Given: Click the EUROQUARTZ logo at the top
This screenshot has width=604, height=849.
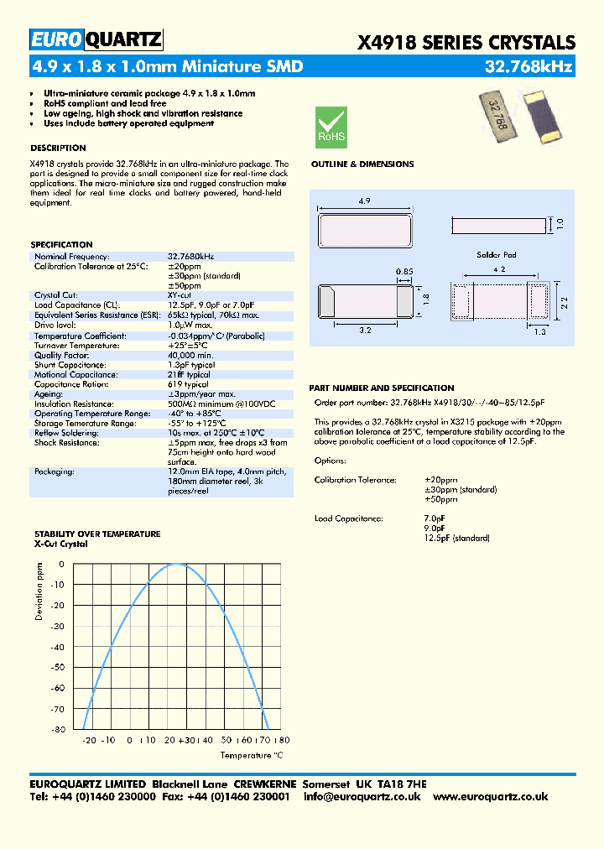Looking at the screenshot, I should (x=96, y=39).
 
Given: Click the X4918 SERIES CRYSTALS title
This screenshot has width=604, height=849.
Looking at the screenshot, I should (x=466, y=43).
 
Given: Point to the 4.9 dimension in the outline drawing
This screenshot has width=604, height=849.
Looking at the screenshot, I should (x=363, y=201).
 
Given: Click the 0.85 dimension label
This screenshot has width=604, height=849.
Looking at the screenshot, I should (x=404, y=271).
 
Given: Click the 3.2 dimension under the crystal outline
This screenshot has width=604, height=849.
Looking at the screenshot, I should (x=365, y=331).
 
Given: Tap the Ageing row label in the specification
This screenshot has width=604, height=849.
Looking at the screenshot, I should (x=49, y=394).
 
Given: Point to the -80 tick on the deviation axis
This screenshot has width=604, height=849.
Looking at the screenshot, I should (x=57, y=729).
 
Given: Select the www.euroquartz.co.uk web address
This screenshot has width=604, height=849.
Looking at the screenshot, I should (x=490, y=796).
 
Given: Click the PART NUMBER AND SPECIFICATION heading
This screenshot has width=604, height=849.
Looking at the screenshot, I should (x=381, y=388).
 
